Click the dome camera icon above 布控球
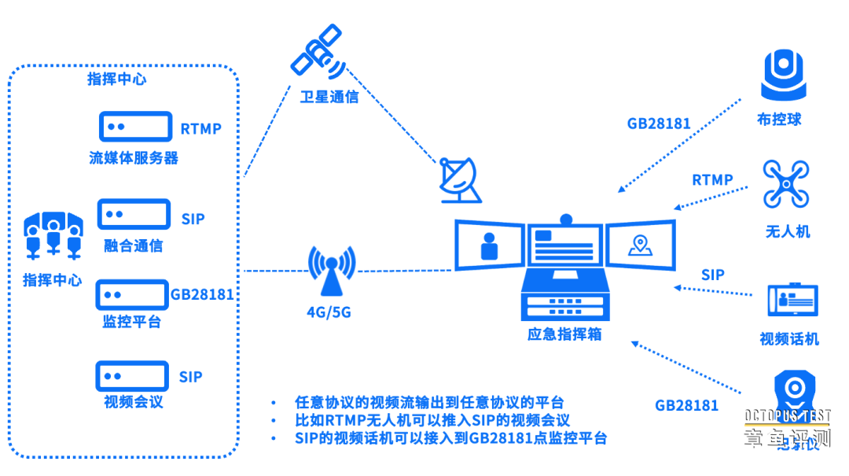785,74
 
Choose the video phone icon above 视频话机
792,301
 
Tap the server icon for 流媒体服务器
135,127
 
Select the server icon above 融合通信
134,215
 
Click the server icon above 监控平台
133,294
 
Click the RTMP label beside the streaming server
201,129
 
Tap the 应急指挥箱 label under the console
564,334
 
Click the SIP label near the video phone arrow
712,275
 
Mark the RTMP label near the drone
712,180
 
